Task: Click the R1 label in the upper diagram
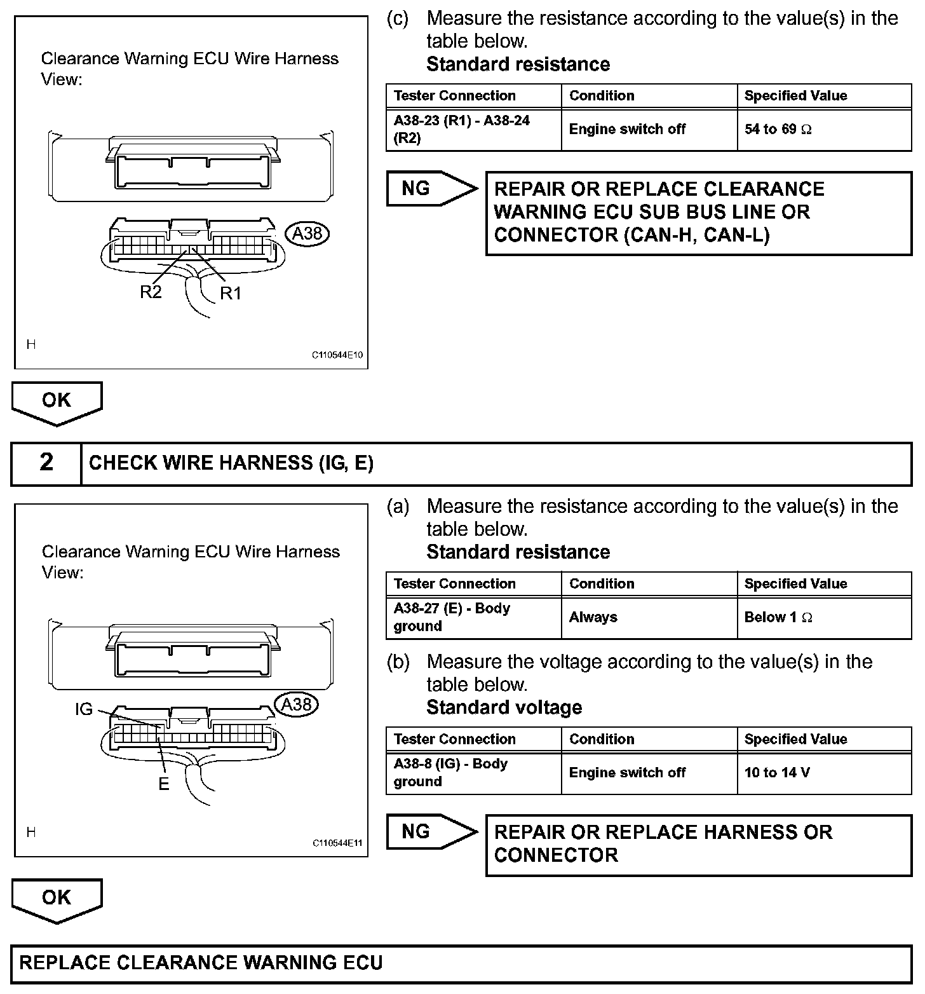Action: [x=231, y=293]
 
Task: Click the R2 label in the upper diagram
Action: [x=151, y=292]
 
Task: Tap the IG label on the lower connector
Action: [x=84, y=709]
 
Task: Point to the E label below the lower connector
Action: [x=164, y=784]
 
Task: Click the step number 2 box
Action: [x=46, y=463]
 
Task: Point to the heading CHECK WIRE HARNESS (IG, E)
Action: [x=231, y=463]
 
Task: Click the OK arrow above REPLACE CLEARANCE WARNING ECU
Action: [x=57, y=899]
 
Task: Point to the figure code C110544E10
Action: [x=337, y=355]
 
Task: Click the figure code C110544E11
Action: [x=337, y=843]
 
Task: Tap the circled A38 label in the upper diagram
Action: [x=308, y=233]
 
